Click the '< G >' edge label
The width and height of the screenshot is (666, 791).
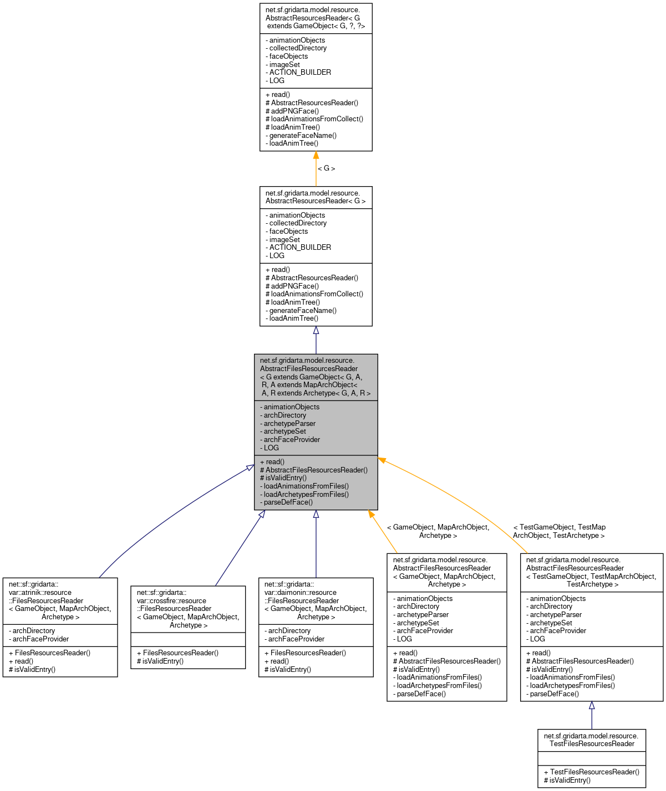326,168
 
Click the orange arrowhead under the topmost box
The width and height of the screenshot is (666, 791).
316,156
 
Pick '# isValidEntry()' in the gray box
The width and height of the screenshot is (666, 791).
283,477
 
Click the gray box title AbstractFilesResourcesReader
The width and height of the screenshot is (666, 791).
316,377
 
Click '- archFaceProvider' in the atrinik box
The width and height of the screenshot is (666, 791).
39,639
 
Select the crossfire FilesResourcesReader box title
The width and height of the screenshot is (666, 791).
188,609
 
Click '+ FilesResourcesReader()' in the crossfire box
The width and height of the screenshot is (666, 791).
177,653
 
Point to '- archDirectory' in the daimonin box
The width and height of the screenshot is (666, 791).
287,630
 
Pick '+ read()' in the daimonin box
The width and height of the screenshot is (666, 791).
276,661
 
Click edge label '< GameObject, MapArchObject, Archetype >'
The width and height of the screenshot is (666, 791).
438,531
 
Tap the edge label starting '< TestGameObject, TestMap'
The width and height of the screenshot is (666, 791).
559,531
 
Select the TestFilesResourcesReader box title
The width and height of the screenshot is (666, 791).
591,740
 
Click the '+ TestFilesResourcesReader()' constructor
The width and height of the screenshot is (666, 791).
591,772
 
